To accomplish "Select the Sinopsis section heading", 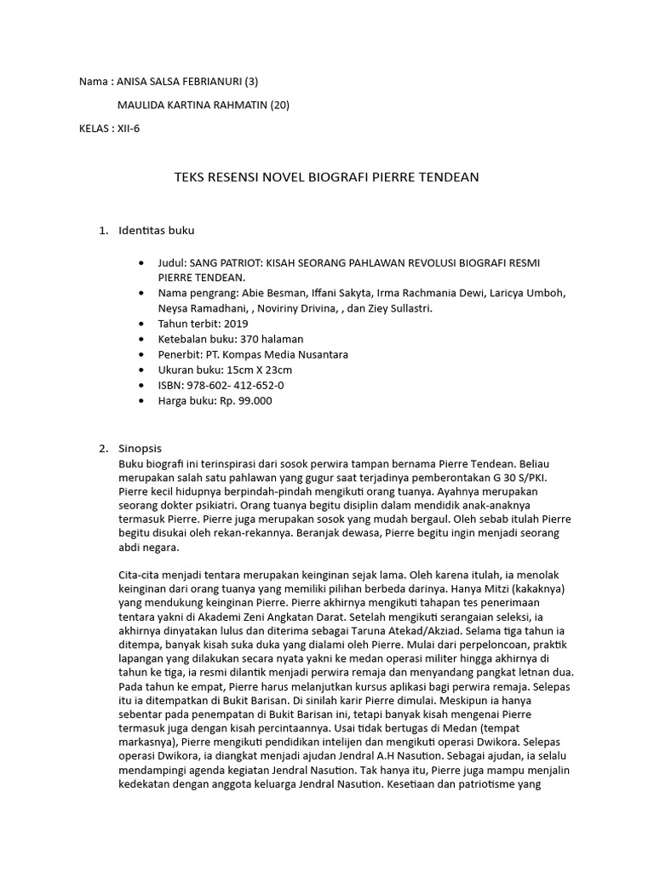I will (140, 448).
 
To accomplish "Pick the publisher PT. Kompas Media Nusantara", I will (272, 354).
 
